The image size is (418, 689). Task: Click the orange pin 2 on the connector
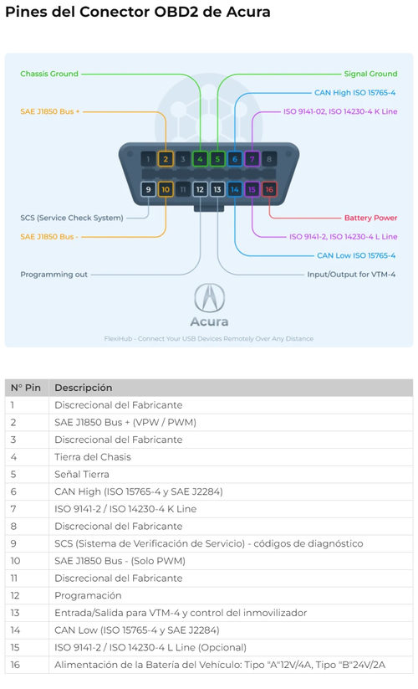click(x=166, y=159)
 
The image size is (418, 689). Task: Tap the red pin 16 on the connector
click(x=269, y=189)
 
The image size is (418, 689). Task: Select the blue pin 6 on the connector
click(x=235, y=159)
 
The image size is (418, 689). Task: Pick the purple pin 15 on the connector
click(x=252, y=189)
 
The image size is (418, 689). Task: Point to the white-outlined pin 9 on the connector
click(x=148, y=189)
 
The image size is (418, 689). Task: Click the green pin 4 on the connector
click(x=200, y=159)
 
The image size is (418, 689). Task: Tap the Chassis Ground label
click(x=49, y=74)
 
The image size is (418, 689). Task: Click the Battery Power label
click(x=370, y=218)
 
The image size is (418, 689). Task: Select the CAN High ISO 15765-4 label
click(x=354, y=93)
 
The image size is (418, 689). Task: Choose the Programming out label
click(x=54, y=275)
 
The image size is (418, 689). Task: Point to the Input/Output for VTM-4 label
click(x=351, y=275)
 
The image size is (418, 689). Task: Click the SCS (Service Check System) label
click(x=72, y=218)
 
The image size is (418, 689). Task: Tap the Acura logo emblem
click(x=209, y=297)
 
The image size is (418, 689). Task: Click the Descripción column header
click(x=84, y=388)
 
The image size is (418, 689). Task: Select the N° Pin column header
click(x=26, y=388)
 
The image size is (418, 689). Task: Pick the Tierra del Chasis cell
click(x=93, y=457)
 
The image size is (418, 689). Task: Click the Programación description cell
click(x=88, y=595)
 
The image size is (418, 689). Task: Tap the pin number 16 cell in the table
click(x=15, y=665)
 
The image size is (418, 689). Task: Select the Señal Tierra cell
click(x=82, y=474)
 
